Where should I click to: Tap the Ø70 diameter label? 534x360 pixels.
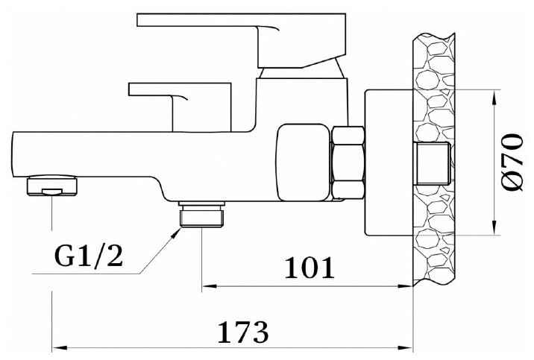pyautogui.click(x=511, y=162)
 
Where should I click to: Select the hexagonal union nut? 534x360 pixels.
pyautogui.click(x=348, y=163)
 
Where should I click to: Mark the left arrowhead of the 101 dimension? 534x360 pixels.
pyautogui.click(x=209, y=285)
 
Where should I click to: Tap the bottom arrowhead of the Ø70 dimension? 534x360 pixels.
pyautogui.click(x=496, y=232)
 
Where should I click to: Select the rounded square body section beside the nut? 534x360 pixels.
pyautogui.click(x=302, y=163)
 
